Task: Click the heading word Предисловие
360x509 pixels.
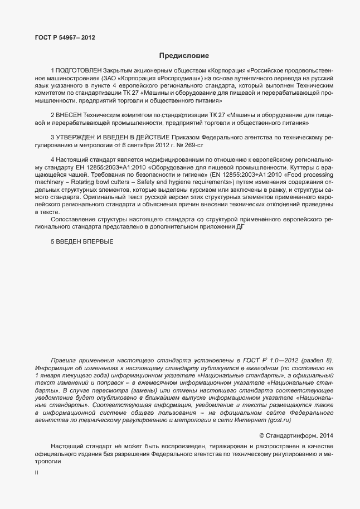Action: pyautogui.click(x=184, y=55)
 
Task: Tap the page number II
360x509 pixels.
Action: pyautogui.click(x=37, y=472)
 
